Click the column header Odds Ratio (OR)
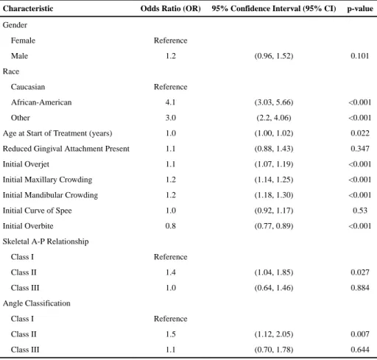(171, 9)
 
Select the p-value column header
(360, 9)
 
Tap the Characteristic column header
(28, 9)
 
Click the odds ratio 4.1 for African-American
(171, 102)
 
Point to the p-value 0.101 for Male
(360, 56)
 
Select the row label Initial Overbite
(28, 226)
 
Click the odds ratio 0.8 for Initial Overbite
(171, 226)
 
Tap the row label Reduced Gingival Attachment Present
(66, 149)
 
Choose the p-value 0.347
(360, 149)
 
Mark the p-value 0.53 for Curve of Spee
(360, 211)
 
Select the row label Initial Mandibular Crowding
(50, 195)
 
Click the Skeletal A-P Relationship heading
(46, 241)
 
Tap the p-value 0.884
(360, 288)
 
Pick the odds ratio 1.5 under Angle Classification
(171, 334)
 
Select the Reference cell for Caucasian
(171, 87)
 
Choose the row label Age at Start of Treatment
(57, 133)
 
